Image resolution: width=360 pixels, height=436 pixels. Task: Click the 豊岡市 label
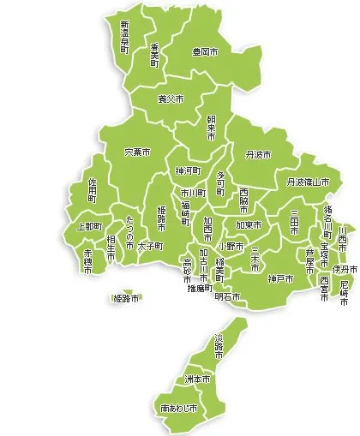coord(205,52)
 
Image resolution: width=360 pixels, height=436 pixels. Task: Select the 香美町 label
coord(154,53)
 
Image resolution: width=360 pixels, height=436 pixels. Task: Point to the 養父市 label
coord(171,99)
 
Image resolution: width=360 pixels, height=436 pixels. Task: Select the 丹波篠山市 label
coord(309,182)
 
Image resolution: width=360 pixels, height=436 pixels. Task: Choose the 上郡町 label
coord(89,226)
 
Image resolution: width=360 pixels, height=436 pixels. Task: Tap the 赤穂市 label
coord(87,260)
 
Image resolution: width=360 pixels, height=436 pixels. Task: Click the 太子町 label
coord(150,245)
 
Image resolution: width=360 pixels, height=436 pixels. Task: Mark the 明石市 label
coord(228,296)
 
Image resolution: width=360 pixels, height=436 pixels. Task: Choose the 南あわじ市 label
coord(178,409)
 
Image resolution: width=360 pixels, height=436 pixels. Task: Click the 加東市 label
coord(249,225)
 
